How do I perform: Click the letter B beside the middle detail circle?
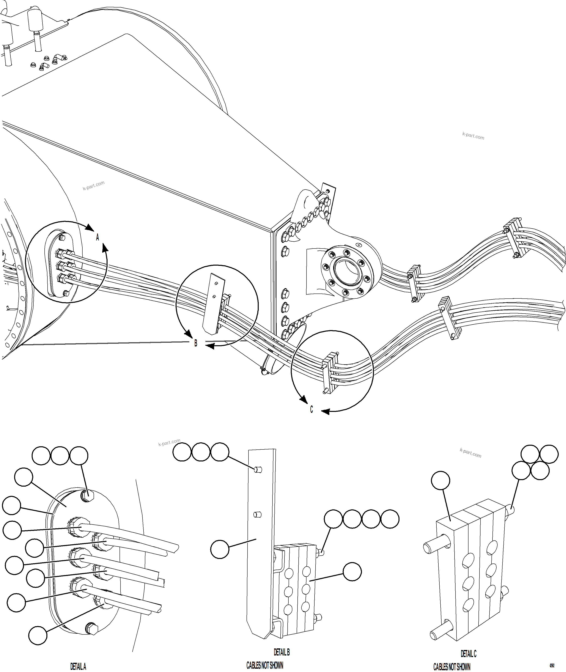(196, 343)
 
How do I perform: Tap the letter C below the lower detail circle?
(311, 410)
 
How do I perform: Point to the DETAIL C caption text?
(468, 654)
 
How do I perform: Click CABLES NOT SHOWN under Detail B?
(265, 666)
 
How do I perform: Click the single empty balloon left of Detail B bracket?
(220, 549)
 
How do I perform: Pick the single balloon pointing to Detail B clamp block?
(352, 572)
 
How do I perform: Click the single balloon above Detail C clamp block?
(441, 481)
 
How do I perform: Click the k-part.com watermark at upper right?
(473, 136)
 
